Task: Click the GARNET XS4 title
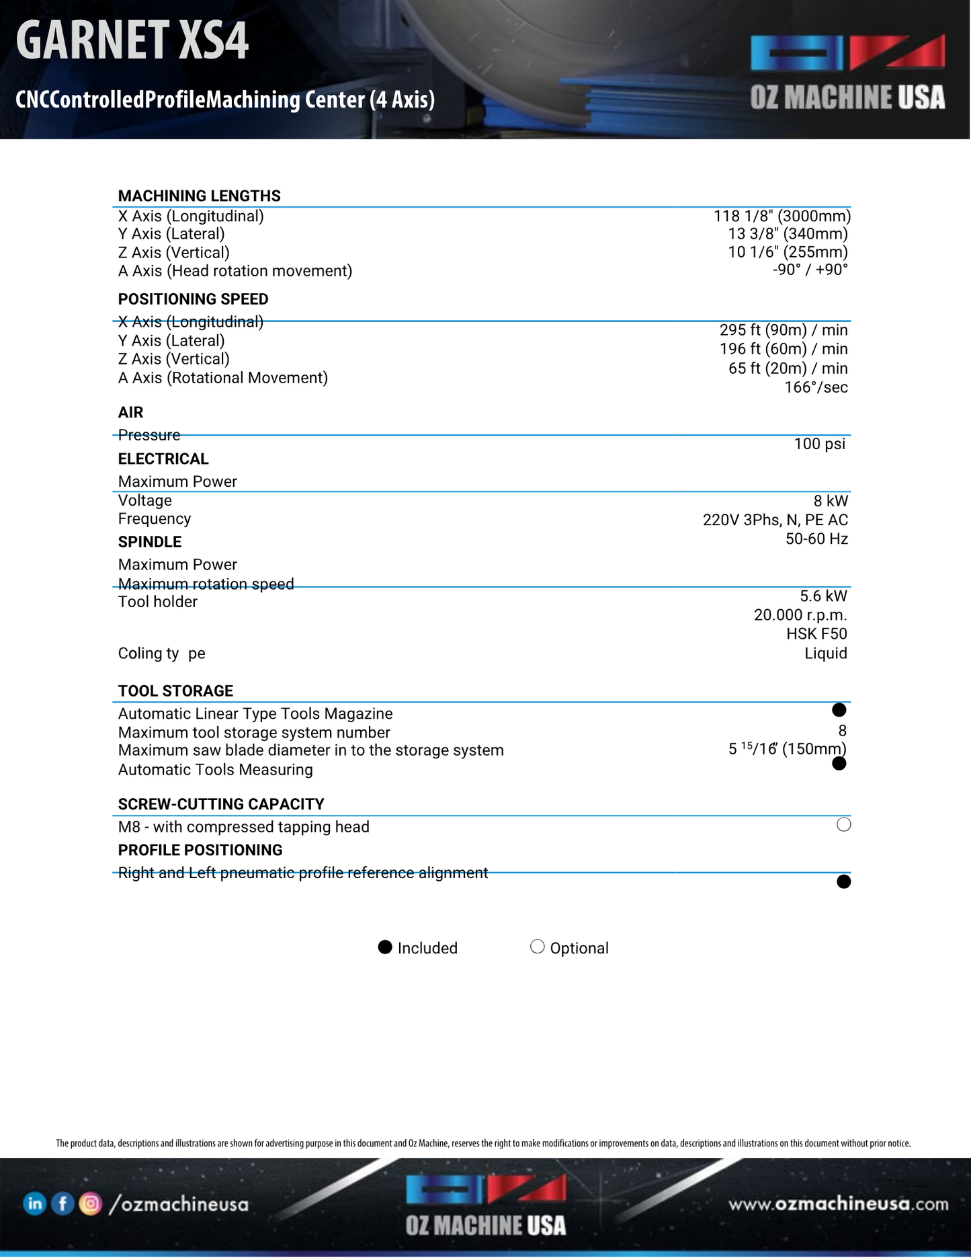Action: [x=132, y=40]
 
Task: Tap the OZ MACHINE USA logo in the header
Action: [x=847, y=73]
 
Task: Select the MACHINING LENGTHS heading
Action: [x=199, y=196]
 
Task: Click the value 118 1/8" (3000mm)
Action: [x=782, y=216]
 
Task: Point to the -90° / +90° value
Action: [x=810, y=270]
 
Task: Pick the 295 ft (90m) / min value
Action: [x=783, y=330]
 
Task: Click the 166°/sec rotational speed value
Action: [x=816, y=387]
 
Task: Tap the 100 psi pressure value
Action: [x=819, y=444]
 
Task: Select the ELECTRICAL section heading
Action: [x=163, y=459]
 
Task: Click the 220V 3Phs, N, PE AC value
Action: [x=775, y=520]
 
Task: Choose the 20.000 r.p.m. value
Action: [x=800, y=615]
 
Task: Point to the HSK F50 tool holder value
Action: [x=816, y=633]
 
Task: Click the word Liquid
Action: [x=825, y=653]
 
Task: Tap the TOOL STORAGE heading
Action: [x=175, y=691]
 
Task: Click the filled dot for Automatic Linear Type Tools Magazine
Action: [x=839, y=710]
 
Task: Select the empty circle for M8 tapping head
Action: [x=844, y=825]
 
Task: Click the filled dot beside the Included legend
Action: [x=385, y=947]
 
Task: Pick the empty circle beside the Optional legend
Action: [x=537, y=947]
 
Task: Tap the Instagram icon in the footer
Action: [x=91, y=1204]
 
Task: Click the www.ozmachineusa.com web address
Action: [x=838, y=1204]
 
